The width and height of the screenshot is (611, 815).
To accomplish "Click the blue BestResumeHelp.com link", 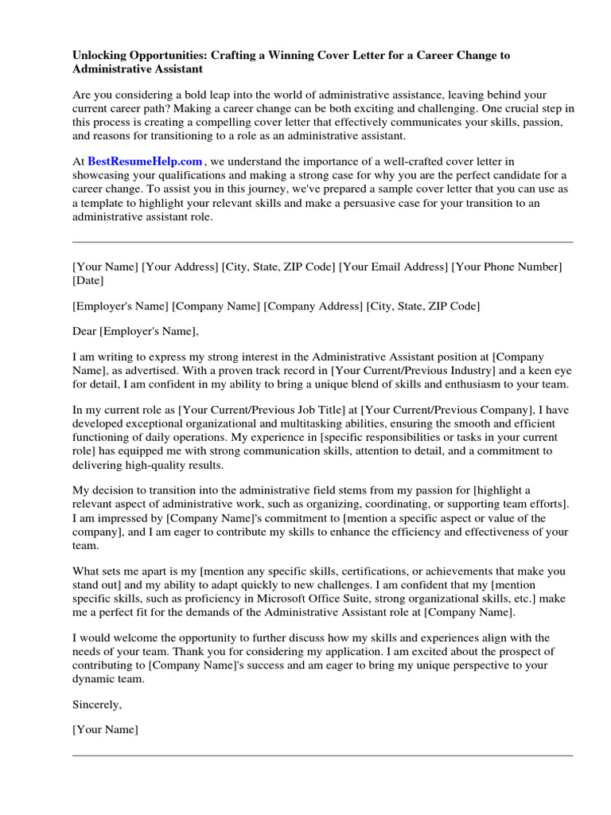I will [145, 162].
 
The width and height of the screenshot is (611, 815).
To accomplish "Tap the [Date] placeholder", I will [88, 281].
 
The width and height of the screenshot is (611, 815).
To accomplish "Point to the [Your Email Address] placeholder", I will [393, 267].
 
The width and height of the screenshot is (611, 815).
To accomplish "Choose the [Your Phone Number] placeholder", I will [507, 267].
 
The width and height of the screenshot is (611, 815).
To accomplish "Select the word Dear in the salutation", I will [84, 331].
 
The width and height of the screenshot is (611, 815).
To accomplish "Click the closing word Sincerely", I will [98, 704].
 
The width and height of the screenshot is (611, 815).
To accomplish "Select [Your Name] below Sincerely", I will [105, 729].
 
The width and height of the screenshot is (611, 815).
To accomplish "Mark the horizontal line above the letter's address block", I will [322, 242].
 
